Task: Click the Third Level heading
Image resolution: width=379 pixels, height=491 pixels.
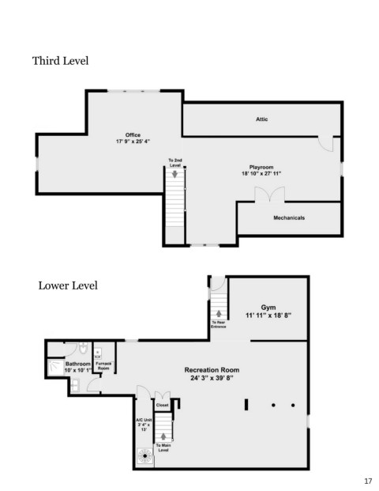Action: [60, 61]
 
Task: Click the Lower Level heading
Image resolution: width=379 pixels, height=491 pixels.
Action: [68, 285]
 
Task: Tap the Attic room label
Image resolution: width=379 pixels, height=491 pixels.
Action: [261, 119]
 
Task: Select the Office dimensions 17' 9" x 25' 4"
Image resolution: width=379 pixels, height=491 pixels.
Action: [133, 142]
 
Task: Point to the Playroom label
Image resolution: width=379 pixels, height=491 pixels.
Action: [261, 167]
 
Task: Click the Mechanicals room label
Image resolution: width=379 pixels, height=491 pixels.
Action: [289, 217]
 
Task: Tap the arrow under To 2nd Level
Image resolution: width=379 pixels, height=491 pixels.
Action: [174, 174]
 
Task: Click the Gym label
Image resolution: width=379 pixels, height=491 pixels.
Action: [268, 308]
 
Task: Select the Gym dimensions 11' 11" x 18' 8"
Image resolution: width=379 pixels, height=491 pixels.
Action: [268, 315]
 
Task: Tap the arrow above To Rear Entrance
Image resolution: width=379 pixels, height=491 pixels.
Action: [219, 313]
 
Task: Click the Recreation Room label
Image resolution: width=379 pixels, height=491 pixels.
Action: [212, 370]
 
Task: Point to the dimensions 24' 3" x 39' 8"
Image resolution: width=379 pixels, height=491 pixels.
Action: [212, 378]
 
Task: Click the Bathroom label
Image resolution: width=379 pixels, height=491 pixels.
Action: [78, 364]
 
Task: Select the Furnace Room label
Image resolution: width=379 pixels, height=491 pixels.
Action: [103, 366]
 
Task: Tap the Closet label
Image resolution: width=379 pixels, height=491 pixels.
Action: [163, 405]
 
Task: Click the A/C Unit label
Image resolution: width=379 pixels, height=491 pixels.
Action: [144, 420]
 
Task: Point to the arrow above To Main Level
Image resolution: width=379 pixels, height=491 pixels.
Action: [163, 436]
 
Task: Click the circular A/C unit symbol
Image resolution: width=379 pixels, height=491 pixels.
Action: [145, 456]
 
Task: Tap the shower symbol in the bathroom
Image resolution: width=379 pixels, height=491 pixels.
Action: [56, 367]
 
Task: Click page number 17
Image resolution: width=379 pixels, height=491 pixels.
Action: [368, 481]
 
